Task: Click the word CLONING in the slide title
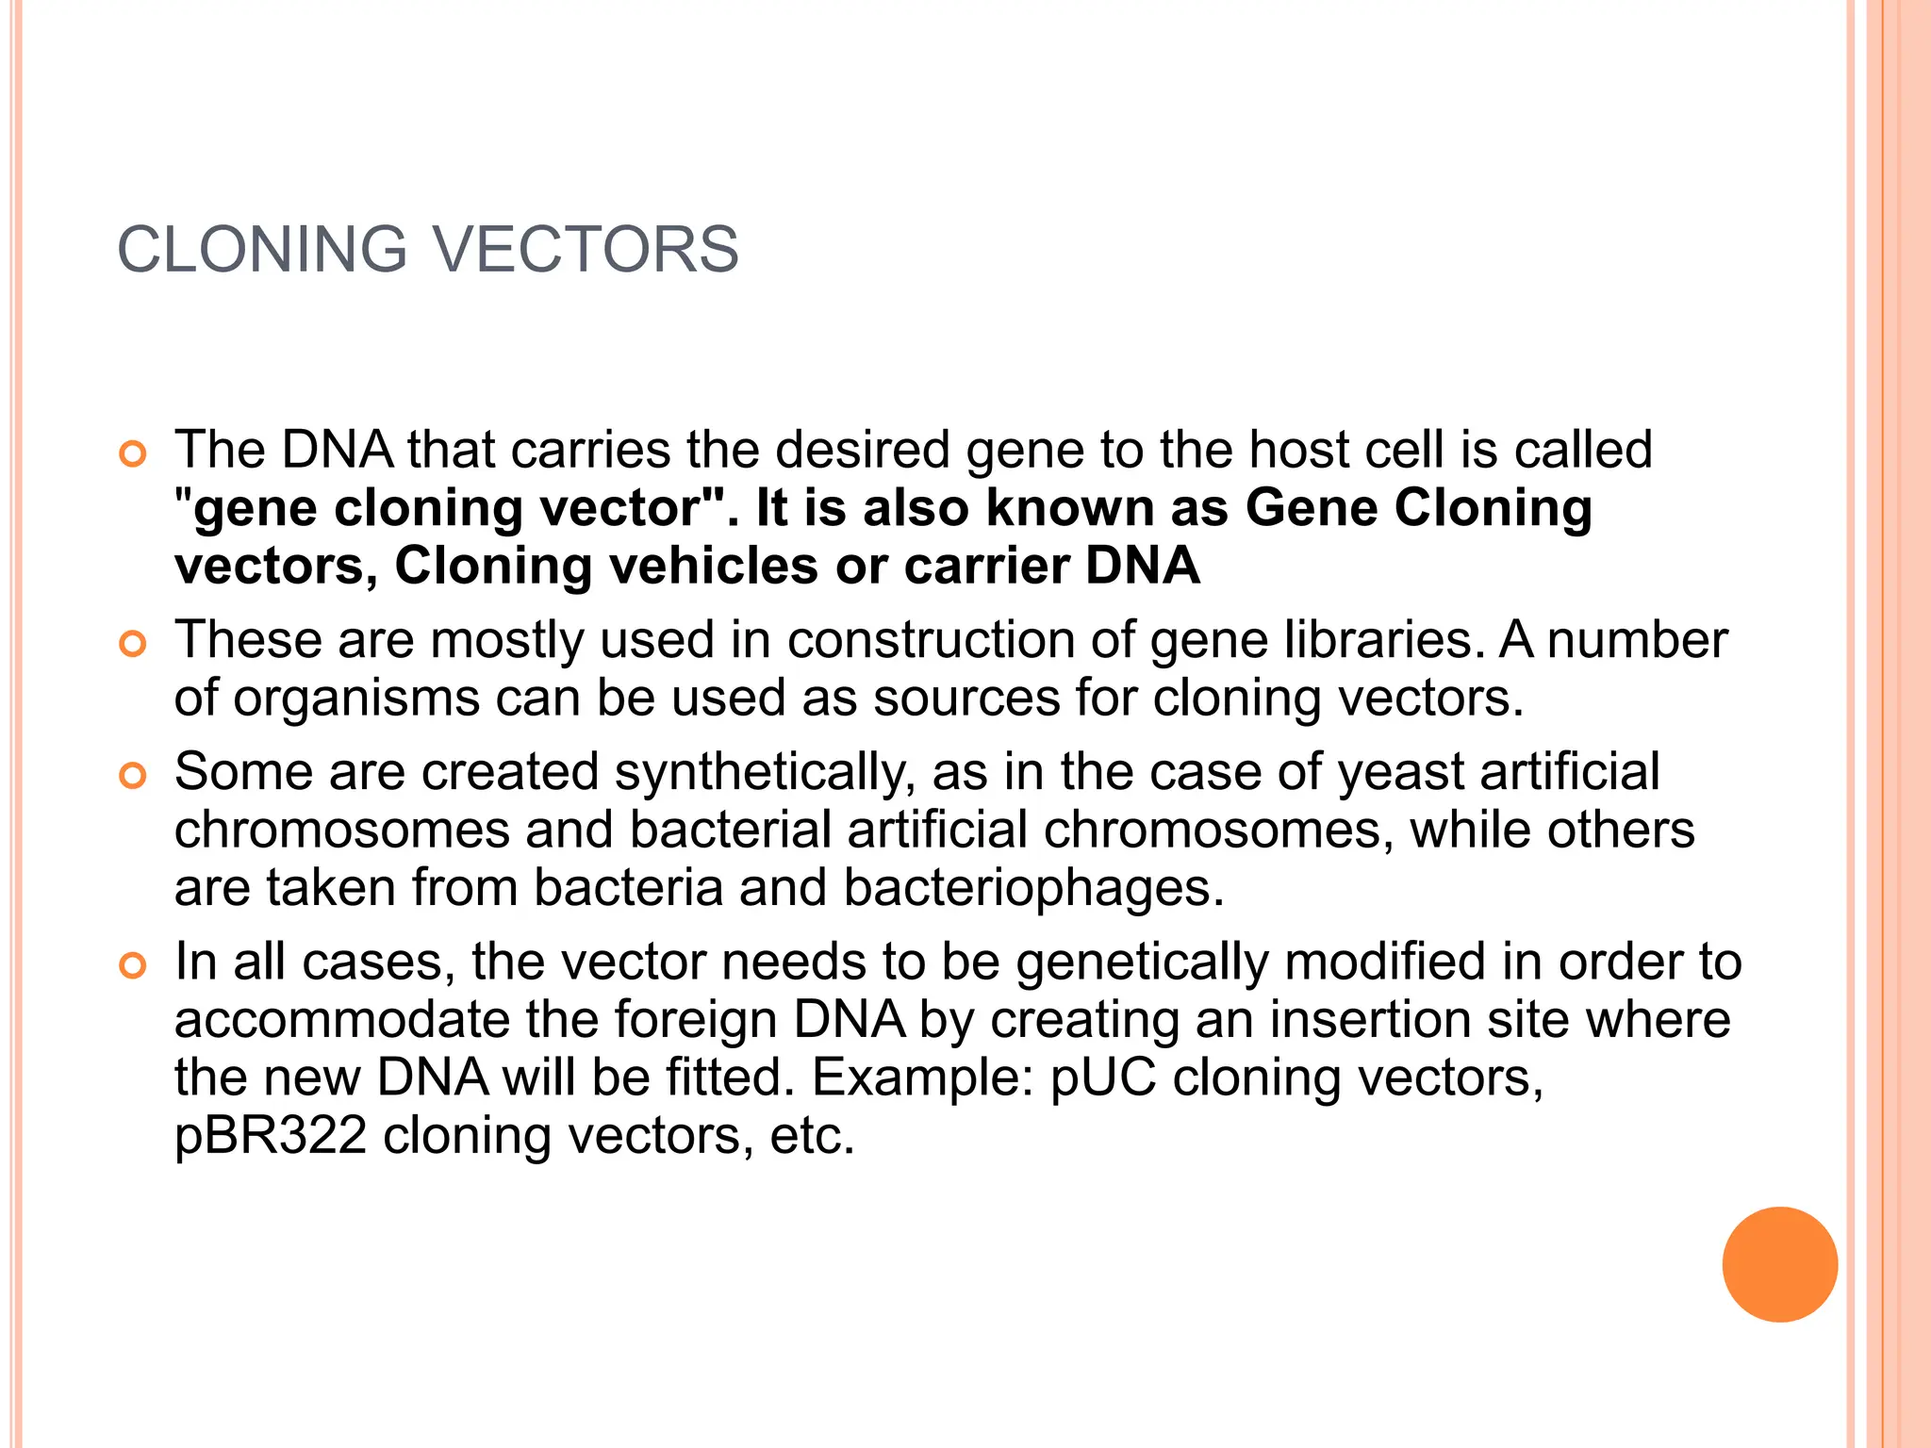pos(262,250)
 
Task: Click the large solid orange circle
pos(1779,1264)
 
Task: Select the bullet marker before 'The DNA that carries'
pos(133,455)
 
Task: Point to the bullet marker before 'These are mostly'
pos(133,645)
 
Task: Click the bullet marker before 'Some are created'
pos(133,777)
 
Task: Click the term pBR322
pos(271,1136)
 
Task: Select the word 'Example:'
pos(923,1078)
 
